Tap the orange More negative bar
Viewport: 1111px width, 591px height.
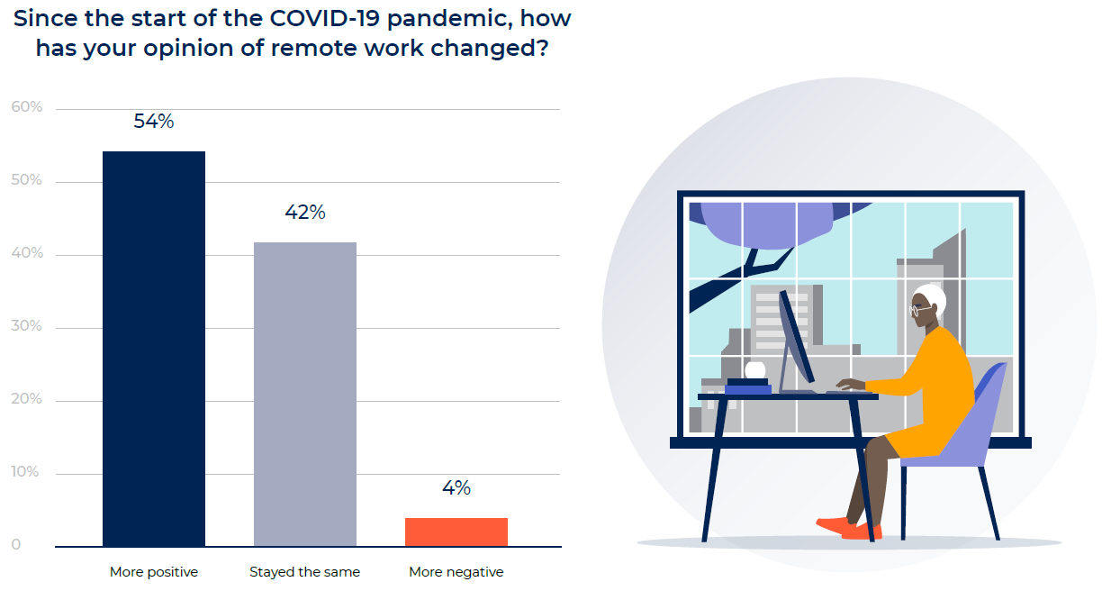[456, 532]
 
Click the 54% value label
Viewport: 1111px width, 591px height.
[154, 122]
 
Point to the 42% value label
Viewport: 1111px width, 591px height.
[305, 213]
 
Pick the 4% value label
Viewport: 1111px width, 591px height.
[456, 488]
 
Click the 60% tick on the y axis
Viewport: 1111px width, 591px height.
[26, 107]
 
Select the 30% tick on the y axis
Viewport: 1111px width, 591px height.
[26, 326]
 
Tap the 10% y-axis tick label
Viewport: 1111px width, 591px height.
[26, 472]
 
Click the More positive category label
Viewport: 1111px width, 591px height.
[154, 572]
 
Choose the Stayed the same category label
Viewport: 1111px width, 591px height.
[305, 572]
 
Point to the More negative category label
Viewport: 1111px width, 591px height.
[456, 572]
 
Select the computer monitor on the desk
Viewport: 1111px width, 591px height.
[795, 338]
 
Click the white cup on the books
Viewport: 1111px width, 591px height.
[754, 370]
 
